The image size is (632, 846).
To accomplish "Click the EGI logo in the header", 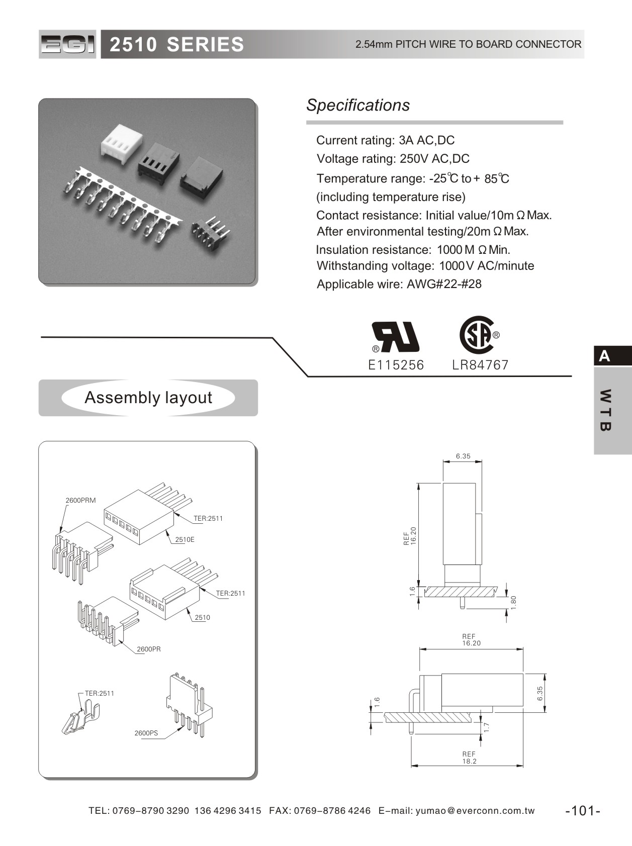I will point(67,44).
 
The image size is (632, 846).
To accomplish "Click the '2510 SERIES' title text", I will point(176,45).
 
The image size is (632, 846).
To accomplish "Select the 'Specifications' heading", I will point(358,105).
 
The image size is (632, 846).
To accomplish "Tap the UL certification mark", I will point(395,337).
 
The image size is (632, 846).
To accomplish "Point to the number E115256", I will point(396,365).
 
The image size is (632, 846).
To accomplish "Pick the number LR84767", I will point(480,365).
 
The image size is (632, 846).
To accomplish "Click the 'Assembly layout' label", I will point(148,398).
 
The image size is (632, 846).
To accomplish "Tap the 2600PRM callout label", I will point(80,500).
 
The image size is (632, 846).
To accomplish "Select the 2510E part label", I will point(185,539).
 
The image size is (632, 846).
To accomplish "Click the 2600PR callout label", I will point(149,649).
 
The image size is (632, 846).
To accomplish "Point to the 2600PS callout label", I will point(146,733).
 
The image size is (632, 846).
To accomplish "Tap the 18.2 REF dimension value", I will point(469,761).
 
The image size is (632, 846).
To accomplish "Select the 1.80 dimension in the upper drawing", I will point(513,602).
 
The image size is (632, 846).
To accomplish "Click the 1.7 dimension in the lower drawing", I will point(486,727).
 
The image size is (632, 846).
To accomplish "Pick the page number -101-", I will point(583,810).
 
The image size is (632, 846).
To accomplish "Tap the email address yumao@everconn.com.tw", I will point(475,810).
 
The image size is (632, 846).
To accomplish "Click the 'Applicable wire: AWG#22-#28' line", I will point(399,284).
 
